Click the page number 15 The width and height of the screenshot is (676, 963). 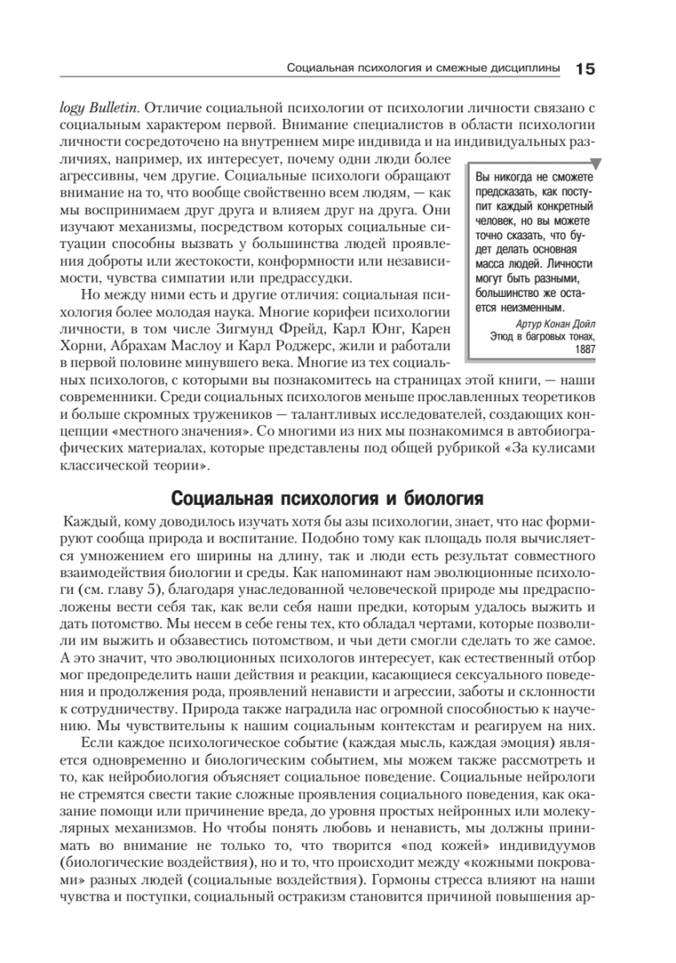coord(585,69)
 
